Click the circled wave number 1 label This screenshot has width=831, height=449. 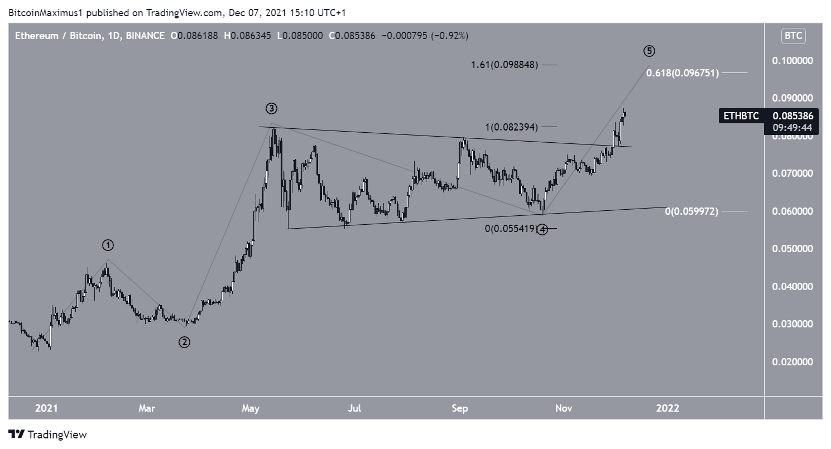(x=108, y=245)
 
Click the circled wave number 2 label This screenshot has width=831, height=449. (x=184, y=342)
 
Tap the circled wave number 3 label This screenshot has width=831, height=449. (x=272, y=108)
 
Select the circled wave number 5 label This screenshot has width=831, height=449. (x=649, y=51)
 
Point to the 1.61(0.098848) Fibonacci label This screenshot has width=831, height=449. (x=503, y=65)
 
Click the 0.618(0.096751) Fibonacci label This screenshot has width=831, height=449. (x=683, y=73)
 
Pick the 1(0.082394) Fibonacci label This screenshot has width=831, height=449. (x=511, y=127)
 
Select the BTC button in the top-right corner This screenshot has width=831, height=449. (x=793, y=36)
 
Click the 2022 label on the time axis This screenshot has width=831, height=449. (x=667, y=408)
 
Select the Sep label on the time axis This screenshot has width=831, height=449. (x=460, y=408)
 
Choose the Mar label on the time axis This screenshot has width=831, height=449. (x=147, y=408)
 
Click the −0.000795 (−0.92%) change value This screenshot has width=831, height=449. (x=424, y=36)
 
